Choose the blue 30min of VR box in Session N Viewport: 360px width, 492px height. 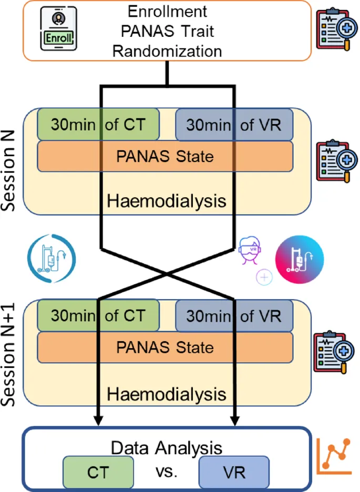point(234,125)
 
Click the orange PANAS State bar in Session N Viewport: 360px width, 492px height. point(164,157)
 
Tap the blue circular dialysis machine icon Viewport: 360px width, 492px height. point(51,258)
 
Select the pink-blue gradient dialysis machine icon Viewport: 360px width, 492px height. point(300,258)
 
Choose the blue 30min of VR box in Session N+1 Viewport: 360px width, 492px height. point(234,316)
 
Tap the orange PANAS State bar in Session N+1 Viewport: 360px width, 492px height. point(164,347)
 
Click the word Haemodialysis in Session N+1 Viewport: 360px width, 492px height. point(167,394)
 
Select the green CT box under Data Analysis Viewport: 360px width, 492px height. point(98,472)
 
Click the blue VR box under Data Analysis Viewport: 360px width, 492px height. point(234,472)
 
